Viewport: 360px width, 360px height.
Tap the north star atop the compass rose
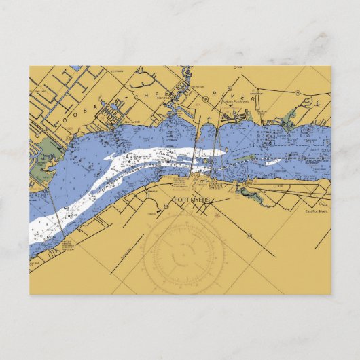[x=216, y=216]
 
